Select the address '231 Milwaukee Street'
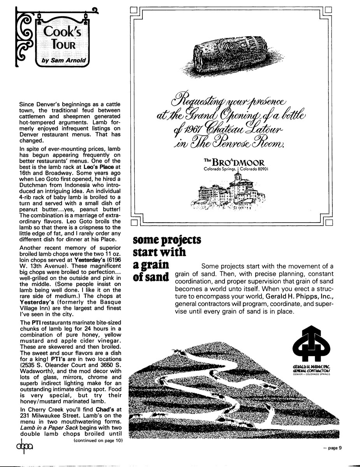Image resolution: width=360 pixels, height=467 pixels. click(x=44, y=422)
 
